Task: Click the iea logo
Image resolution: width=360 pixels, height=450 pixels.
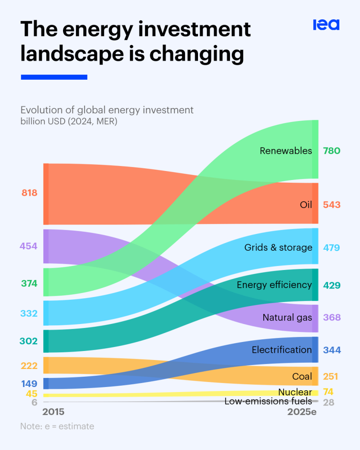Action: [326, 25]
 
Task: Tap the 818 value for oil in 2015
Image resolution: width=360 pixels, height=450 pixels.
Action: [29, 193]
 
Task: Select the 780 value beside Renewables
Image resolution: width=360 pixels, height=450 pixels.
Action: [332, 151]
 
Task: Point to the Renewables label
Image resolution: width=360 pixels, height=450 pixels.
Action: [286, 151]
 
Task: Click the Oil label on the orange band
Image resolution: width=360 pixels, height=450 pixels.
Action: [306, 205]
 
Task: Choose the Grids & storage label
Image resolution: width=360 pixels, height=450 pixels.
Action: [278, 247]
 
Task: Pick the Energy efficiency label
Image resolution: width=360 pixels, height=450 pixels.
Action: [274, 285]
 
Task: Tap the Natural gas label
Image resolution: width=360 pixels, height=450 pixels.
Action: [287, 318]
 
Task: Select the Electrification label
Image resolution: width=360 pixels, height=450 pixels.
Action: [282, 350]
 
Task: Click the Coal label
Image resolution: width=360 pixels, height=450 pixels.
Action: [302, 376]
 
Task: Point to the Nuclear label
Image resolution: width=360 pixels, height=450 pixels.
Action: [295, 392]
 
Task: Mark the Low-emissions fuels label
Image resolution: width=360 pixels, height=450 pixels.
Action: [268, 401]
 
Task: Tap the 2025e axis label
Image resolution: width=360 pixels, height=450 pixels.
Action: [302, 412]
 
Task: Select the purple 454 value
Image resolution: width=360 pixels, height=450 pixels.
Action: [28, 246]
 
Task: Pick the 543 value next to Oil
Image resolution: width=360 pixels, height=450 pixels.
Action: [332, 205]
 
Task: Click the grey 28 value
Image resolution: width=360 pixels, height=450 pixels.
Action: [328, 403]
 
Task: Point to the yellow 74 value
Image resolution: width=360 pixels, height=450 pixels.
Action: [328, 391]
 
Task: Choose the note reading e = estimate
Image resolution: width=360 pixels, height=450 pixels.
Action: [57, 426]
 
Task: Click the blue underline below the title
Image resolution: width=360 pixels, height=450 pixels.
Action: [54, 77]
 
